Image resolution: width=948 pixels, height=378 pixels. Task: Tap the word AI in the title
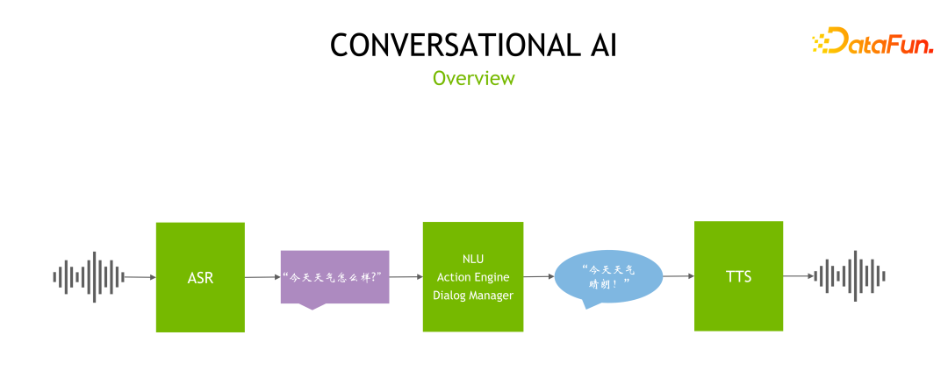point(598,46)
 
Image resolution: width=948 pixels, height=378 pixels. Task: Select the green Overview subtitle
point(474,78)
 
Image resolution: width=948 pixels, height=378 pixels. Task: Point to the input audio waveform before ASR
point(88,276)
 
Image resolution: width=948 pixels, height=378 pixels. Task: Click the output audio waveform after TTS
point(850,276)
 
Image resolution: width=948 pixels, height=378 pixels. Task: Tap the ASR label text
point(200,278)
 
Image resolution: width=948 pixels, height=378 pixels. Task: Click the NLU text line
point(472,259)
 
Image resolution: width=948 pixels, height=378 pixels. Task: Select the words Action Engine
point(472,276)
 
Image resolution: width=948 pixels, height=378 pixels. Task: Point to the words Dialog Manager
point(472,295)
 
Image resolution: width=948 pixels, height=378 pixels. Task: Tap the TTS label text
point(738,277)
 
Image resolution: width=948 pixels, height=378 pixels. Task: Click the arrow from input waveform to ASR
point(139,277)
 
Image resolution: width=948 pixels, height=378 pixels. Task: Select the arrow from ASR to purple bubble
point(262,277)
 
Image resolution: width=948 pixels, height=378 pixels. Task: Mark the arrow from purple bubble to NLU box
point(406,277)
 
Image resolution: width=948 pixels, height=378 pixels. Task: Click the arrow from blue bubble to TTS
point(678,276)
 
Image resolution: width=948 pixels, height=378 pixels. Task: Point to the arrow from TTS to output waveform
point(799,276)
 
